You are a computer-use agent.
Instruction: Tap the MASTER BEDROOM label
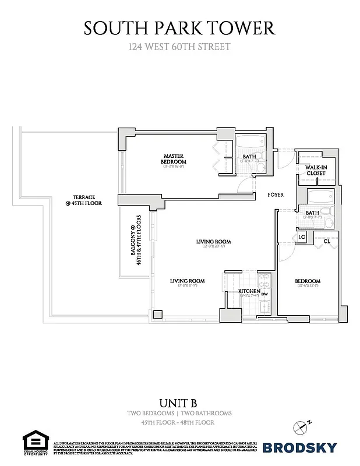coord(174,159)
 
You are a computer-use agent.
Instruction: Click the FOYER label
coord(275,195)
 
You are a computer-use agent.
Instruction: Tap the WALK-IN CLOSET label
coord(315,170)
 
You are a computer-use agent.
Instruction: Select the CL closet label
coord(326,241)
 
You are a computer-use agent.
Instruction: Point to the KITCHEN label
coord(249,291)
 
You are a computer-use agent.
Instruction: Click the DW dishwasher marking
coord(264,294)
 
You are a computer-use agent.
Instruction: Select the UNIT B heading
coord(179,402)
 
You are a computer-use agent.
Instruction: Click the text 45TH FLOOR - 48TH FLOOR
coord(179,422)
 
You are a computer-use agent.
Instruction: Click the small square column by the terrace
coord(157,315)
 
